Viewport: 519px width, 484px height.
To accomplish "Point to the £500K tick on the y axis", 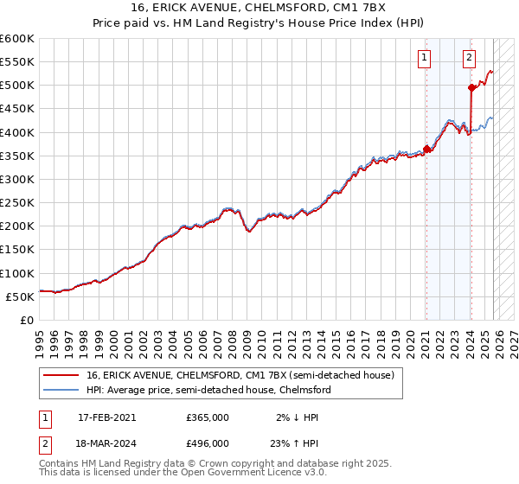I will (x=17, y=86).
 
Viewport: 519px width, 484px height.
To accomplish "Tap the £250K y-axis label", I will (x=17, y=203).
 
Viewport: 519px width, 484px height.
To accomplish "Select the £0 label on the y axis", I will (x=28, y=321).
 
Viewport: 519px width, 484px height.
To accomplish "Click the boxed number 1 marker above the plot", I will (x=425, y=59).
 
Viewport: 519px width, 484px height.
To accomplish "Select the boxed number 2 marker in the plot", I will (x=469, y=59).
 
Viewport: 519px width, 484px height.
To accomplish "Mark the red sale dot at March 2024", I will (x=471, y=87).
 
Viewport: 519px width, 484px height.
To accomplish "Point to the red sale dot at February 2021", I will (x=426, y=149).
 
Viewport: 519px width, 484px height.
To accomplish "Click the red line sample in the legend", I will (x=61, y=375).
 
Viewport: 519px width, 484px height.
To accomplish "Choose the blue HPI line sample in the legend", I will (x=61, y=390).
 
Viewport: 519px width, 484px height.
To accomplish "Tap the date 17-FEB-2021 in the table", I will (x=106, y=417).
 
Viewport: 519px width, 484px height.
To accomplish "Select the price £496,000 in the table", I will (x=208, y=443).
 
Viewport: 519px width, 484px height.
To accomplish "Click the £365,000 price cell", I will (x=208, y=417).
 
